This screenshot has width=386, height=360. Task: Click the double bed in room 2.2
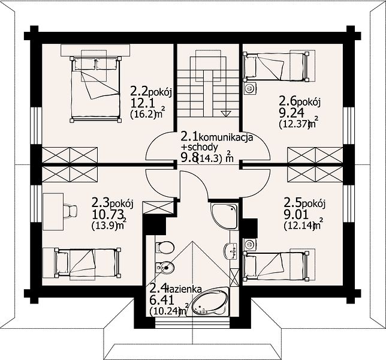point(95,89)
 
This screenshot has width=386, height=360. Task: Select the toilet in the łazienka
point(165,247)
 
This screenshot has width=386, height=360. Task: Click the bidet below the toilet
point(165,267)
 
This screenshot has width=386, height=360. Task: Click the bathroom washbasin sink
point(231,251)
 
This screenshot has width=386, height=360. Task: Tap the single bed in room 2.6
point(276,66)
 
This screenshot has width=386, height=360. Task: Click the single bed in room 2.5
point(276,266)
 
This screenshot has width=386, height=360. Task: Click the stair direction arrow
point(226,113)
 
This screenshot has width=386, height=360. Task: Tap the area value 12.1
point(143,103)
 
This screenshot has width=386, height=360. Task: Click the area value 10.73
point(108,215)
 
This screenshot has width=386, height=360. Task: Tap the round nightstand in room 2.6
point(251,88)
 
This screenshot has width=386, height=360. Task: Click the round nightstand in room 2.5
point(251,244)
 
